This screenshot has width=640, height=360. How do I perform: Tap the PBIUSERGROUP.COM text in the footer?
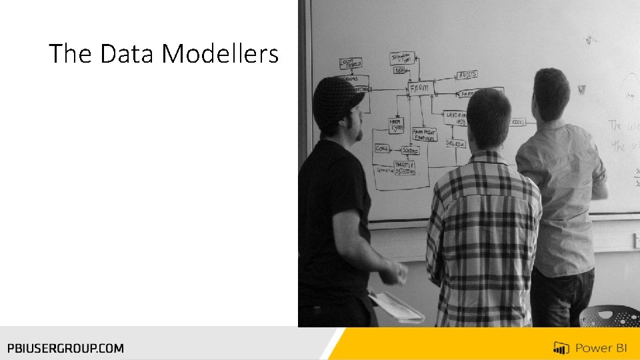[65, 347]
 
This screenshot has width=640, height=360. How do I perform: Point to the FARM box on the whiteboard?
[421, 87]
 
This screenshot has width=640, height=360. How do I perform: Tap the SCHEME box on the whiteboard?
[409, 151]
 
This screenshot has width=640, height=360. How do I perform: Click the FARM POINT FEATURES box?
[424, 135]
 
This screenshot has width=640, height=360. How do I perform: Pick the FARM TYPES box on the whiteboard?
[397, 125]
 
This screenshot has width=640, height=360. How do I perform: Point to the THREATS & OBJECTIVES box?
[405, 169]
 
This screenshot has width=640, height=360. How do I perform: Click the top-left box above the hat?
[351, 63]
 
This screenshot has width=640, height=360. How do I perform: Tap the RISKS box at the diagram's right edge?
[517, 122]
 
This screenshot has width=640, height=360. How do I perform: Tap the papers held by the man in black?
[397, 307]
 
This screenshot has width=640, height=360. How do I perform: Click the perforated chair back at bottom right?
[609, 316]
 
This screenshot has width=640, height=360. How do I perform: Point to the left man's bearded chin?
[358, 134]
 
